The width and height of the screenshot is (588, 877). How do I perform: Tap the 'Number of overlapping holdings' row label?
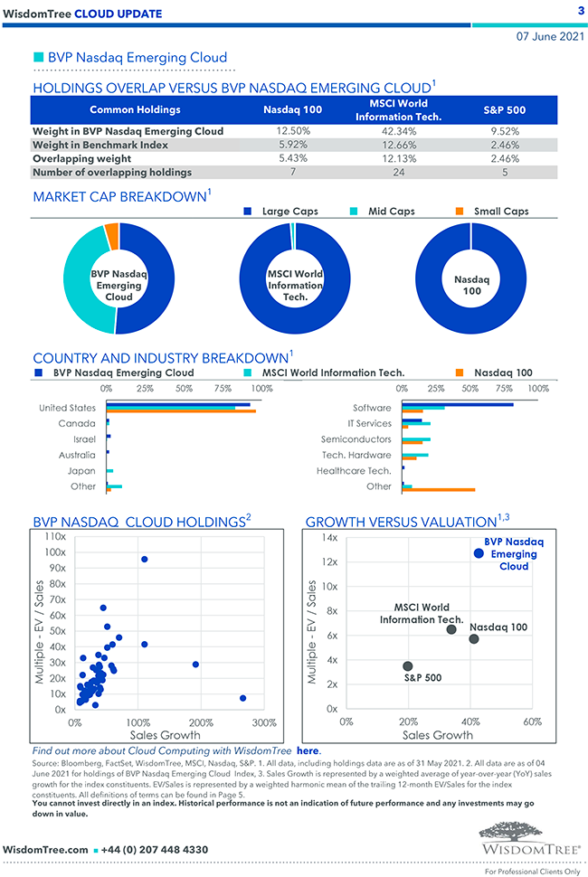(x=112, y=172)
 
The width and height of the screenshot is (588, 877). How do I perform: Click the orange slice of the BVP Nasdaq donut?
(x=112, y=236)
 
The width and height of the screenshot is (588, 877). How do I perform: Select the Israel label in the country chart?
(x=83, y=438)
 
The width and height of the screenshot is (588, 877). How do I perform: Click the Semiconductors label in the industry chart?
(x=356, y=439)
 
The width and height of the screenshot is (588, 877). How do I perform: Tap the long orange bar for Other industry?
(x=438, y=490)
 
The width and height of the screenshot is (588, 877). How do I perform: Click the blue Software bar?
(x=457, y=405)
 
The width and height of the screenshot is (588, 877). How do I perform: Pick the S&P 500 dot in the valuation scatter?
(x=408, y=666)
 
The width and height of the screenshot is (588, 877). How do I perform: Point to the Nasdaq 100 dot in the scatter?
(x=474, y=639)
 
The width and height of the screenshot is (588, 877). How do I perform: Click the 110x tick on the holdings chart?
(x=54, y=537)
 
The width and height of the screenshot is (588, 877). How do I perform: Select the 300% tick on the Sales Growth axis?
(x=263, y=722)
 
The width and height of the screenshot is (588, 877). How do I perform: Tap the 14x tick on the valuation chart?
(x=329, y=538)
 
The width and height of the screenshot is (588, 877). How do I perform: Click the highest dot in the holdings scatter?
(x=144, y=560)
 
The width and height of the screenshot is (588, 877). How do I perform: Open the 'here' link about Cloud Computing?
(x=308, y=750)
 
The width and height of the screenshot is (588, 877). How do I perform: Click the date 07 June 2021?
(x=550, y=37)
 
